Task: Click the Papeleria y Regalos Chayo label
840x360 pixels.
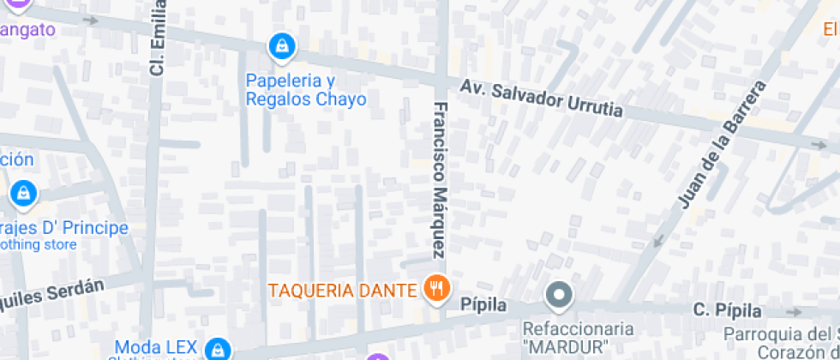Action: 306,90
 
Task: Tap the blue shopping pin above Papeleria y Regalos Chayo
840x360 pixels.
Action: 280,46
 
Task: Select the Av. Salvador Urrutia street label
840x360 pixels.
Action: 541,99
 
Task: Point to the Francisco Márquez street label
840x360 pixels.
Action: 439,180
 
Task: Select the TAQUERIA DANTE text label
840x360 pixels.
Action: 342,290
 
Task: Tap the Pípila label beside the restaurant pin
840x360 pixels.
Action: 483,305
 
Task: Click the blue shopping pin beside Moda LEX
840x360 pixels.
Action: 219,349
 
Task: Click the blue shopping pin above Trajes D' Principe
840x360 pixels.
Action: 23,193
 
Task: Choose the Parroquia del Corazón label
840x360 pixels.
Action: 780,342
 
